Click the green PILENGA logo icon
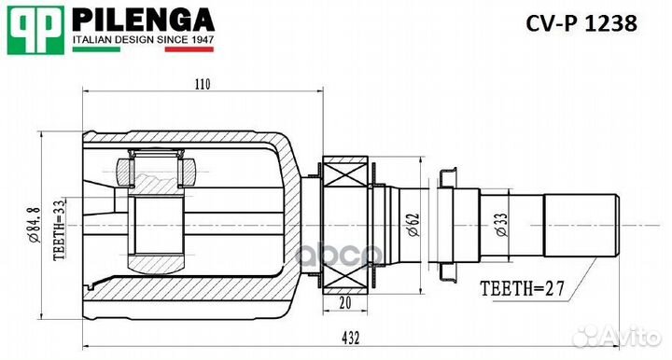36,31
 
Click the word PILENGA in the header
144,20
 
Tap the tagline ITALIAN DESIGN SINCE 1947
144,41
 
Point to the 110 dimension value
202,84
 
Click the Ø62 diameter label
413,223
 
